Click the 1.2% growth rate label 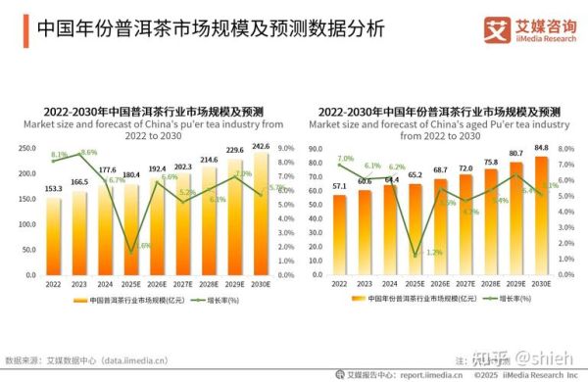433,253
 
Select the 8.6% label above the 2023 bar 88,153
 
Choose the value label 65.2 416,175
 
